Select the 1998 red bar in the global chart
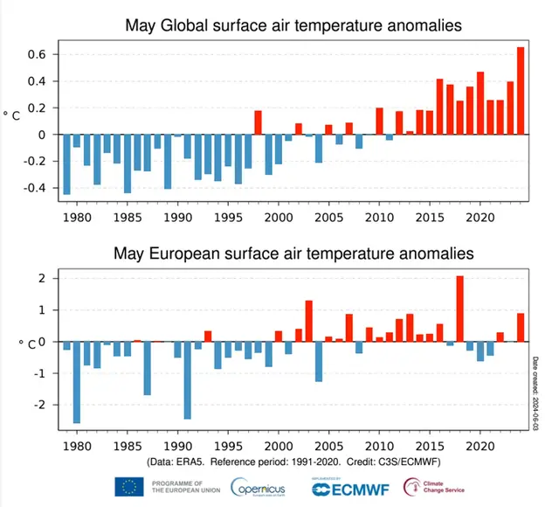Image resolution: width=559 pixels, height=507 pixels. (259, 123)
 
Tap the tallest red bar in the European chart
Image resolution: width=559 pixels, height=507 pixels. (460, 309)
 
